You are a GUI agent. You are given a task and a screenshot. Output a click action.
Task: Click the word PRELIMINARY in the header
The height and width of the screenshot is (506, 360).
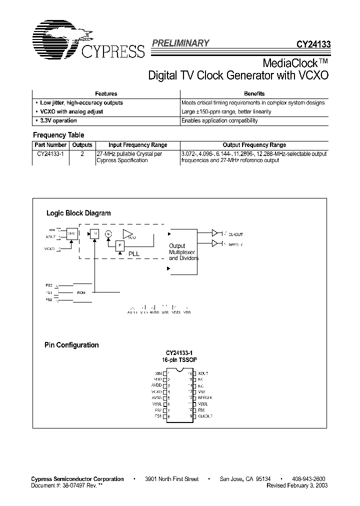[180, 43]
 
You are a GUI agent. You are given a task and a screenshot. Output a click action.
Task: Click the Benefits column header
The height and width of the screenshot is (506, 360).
[254, 93]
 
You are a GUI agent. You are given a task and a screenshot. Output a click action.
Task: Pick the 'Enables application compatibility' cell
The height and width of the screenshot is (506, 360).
[219, 120]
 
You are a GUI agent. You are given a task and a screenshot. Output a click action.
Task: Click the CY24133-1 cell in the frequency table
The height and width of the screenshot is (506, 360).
[48, 154]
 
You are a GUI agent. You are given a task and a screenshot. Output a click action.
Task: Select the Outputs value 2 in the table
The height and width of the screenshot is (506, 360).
[82, 154]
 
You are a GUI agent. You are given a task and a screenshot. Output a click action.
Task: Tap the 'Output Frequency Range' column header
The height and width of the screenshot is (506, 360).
[254, 145]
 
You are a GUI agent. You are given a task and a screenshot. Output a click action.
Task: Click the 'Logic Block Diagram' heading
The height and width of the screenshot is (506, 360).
[78, 213]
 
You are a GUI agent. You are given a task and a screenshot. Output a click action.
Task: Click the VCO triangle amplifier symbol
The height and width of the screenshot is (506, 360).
[128, 234]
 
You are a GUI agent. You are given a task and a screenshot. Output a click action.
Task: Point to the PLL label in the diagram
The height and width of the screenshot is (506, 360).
[134, 253]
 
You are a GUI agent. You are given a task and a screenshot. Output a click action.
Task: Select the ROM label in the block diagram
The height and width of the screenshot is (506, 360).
[81, 292]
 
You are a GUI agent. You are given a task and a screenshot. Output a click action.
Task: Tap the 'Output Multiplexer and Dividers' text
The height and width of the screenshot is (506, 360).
[183, 252]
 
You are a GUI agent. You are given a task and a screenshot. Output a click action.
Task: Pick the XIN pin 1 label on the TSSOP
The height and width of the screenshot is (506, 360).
[159, 373]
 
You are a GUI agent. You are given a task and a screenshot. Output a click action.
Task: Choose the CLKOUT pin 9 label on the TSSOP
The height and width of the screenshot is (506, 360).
[205, 416]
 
